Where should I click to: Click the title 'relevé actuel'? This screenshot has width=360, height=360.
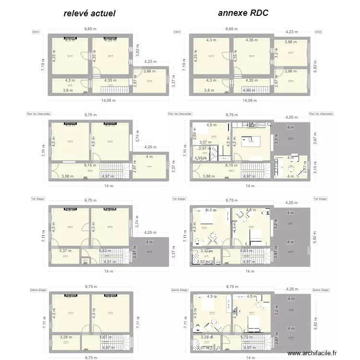click(90, 13)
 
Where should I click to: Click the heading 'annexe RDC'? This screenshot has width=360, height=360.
click(243, 13)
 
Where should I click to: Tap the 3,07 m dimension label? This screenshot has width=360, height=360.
click(205, 142)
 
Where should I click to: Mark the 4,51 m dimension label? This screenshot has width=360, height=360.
click(110, 262)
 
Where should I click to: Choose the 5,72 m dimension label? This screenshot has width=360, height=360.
click(246, 337)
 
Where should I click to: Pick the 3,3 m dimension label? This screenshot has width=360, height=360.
click(276, 139)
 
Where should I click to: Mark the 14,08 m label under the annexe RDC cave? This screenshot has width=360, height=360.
click(249, 100)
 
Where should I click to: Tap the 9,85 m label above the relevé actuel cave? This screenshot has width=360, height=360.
click(90, 29)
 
